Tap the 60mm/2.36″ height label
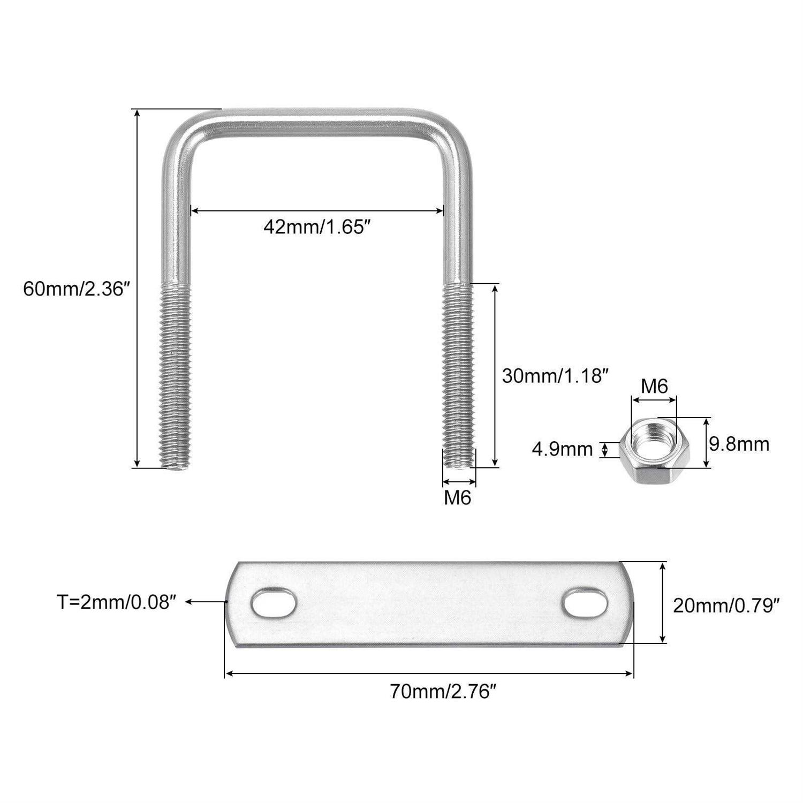point(77,290)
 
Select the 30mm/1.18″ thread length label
point(556,376)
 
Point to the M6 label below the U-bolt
point(458,498)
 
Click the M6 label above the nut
point(655,386)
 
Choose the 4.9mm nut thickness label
point(562,449)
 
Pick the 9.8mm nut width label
point(739,444)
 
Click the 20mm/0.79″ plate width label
point(725,605)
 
